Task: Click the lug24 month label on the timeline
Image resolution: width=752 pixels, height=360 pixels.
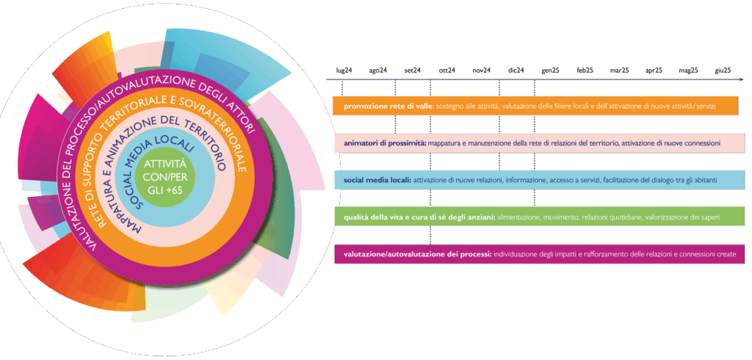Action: point(344,70)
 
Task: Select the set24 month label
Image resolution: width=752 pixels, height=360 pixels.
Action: point(413,70)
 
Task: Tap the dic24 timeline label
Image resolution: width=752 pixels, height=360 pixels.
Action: point(516,70)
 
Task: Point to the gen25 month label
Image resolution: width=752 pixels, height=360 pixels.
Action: point(551,70)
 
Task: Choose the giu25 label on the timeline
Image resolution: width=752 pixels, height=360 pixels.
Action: point(723,70)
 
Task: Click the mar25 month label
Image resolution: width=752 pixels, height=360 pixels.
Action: point(619,70)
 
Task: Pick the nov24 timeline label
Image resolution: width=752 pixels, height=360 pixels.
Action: point(482,70)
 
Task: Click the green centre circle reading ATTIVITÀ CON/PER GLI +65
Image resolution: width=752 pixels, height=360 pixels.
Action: point(167,174)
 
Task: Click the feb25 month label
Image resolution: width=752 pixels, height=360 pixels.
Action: point(585,70)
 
